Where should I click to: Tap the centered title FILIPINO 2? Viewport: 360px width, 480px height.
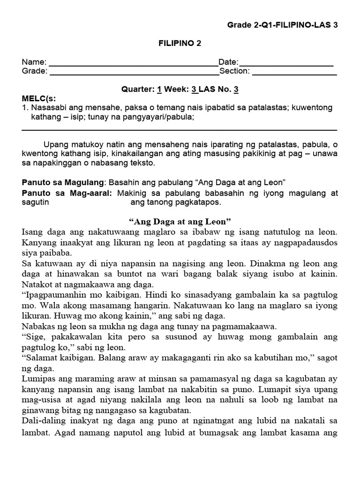pyautogui.click(x=179, y=43)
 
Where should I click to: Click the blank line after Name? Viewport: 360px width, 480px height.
pyautogui.click(x=133, y=63)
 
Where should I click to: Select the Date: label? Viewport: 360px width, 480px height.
pyautogui.click(x=228, y=62)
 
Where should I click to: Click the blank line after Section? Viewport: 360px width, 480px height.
pyautogui.click(x=294, y=72)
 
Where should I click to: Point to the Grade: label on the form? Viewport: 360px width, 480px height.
pyautogui.click(x=35, y=71)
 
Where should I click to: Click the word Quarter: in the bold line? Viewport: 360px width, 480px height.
pyautogui.click(x=138, y=89)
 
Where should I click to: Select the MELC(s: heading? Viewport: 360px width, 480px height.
pyautogui.click(x=39, y=98)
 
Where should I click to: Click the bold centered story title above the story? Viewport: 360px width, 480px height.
pyautogui.click(x=180, y=221)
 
